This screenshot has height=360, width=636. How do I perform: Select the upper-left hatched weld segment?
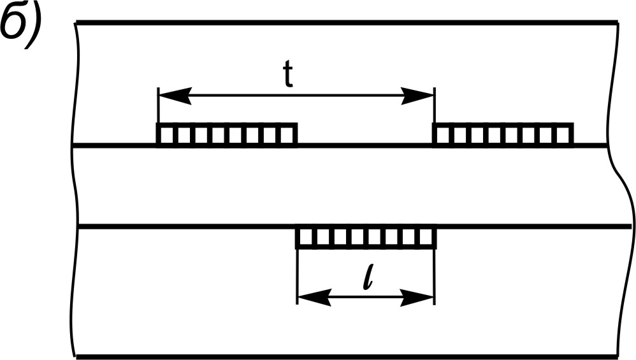pos(227,134)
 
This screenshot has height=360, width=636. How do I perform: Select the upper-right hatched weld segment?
pos(503,134)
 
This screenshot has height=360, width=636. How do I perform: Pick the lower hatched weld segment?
pos(366,238)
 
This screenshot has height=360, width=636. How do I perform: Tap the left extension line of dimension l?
pos(298,274)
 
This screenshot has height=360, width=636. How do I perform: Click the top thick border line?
pos(344,23)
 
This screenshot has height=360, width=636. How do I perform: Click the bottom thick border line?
pos(344,356)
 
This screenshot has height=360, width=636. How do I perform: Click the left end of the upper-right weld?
pos(435,134)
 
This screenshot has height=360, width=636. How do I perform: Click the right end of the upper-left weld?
pos(296,134)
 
